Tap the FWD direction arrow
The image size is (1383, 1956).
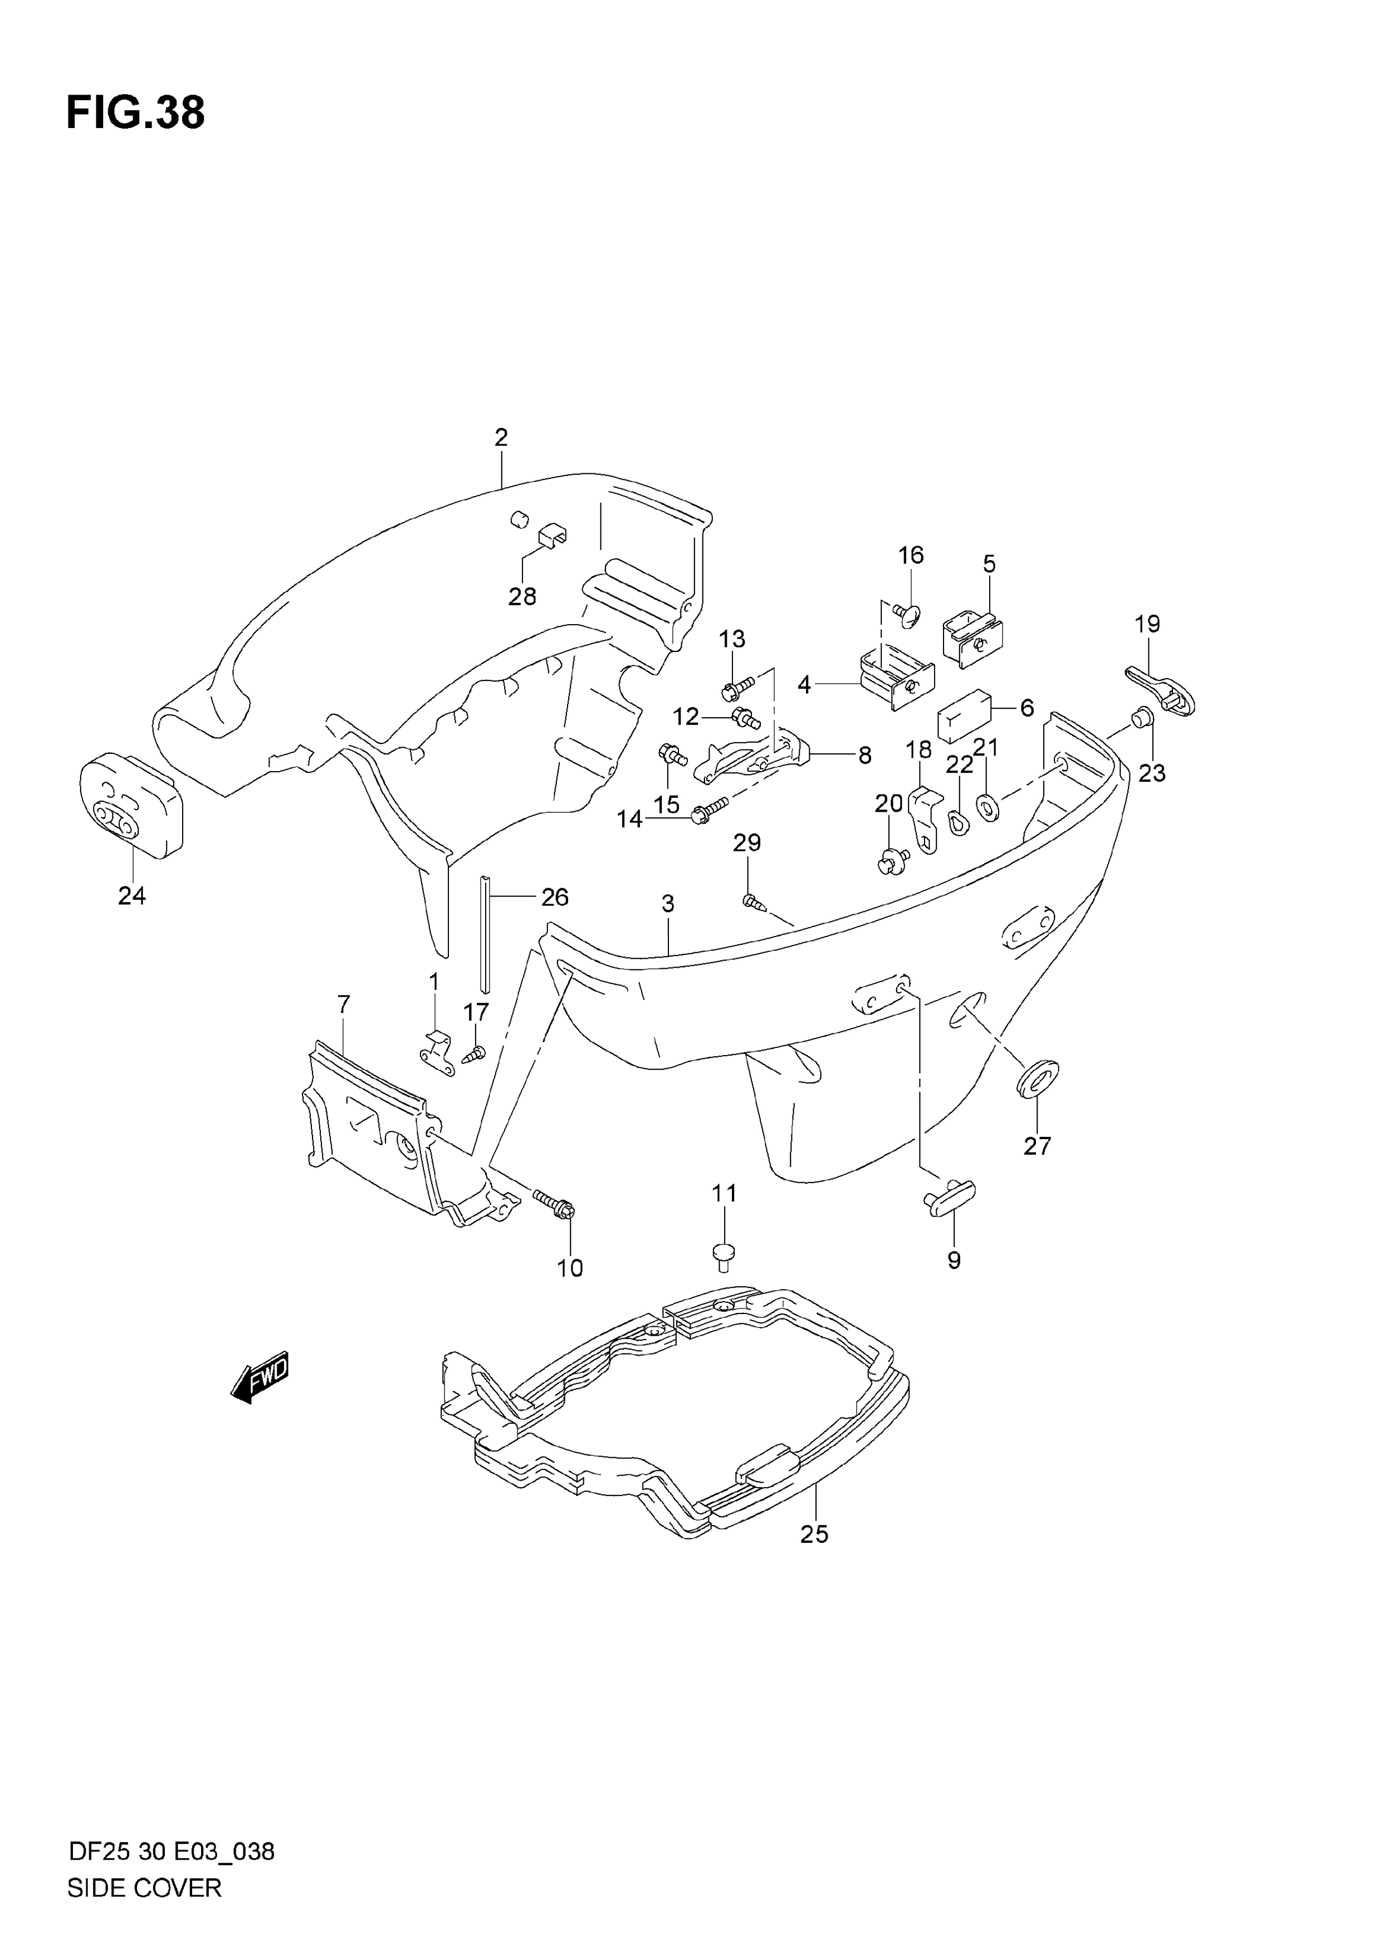coord(261,1377)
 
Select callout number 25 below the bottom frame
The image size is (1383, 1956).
coord(815,1535)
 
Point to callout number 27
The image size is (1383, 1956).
coord(1037,1146)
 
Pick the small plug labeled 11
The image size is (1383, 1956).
coord(724,1255)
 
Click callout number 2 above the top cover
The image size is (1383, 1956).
coord(501,437)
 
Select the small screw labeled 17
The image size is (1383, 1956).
coord(473,1055)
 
